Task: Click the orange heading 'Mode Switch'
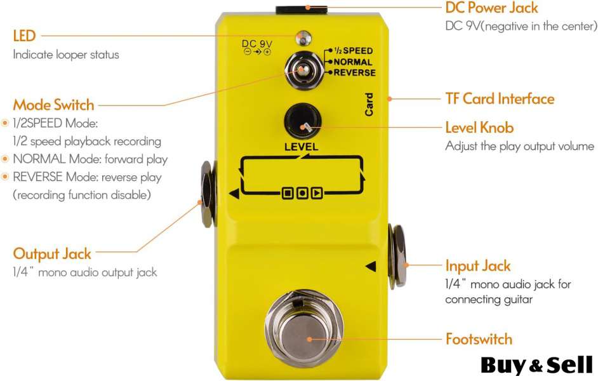[x=53, y=105]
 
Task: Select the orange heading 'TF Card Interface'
[x=500, y=98]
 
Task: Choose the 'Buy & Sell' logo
[x=536, y=364]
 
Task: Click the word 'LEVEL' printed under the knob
[x=302, y=147]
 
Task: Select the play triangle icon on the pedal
[x=316, y=191]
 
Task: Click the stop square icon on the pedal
[x=288, y=191]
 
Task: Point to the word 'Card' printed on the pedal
[x=369, y=105]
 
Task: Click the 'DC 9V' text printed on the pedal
[x=257, y=44]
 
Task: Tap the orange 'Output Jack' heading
[x=52, y=253]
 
